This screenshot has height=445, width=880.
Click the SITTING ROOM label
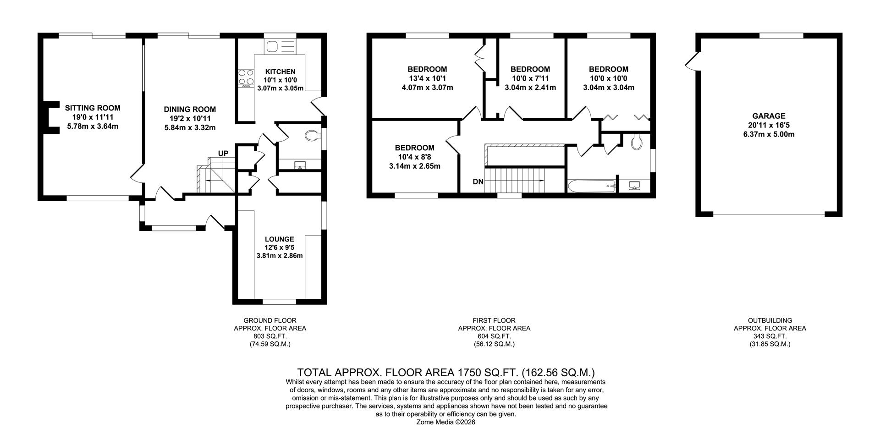pyautogui.click(x=93, y=108)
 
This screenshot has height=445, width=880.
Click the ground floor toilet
pyautogui.click(x=312, y=135)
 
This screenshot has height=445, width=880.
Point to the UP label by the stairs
pyautogui.click(x=223, y=154)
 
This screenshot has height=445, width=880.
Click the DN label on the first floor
pyautogui.click(x=478, y=181)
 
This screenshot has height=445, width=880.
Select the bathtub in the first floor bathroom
pyautogui.click(x=591, y=186)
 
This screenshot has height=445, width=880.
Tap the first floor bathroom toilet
pyautogui.click(x=636, y=142)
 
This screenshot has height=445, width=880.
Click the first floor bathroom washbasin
pyautogui.click(x=635, y=186)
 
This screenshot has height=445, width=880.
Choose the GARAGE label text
pyautogui.click(x=769, y=116)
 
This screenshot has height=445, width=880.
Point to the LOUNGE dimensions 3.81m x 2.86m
pyautogui.click(x=280, y=256)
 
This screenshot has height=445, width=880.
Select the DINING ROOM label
pyautogui.click(x=190, y=110)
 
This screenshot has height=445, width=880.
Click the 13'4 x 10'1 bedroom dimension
pyautogui.click(x=427, y=78)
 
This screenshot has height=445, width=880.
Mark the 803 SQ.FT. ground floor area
pyautogui.click(x=269, y=336)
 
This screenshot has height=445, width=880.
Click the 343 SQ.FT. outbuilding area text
pyautogui.click(x=770, y=336)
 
